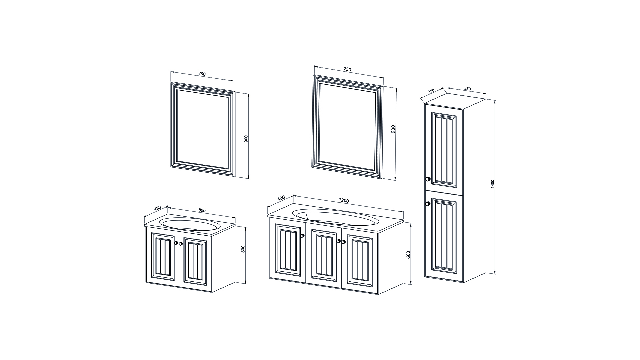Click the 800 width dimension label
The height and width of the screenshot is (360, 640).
point(202,210)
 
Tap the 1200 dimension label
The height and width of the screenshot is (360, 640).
point(344,201)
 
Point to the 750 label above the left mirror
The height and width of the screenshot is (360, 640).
point(202,74)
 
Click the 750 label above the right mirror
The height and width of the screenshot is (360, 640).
point(347,69)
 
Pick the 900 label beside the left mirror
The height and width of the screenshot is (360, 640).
point(246,139)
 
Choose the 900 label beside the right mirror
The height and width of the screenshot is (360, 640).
point(393,129)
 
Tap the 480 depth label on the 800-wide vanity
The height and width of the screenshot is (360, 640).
point(158,209)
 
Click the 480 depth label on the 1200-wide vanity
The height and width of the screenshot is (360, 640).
point(281,199)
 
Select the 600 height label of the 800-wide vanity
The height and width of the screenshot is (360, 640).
point(243,249)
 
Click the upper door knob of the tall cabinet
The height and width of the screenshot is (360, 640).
point(428,179)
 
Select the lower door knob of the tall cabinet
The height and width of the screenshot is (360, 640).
point(428,204)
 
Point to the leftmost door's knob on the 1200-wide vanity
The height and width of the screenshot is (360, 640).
point(302,236)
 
